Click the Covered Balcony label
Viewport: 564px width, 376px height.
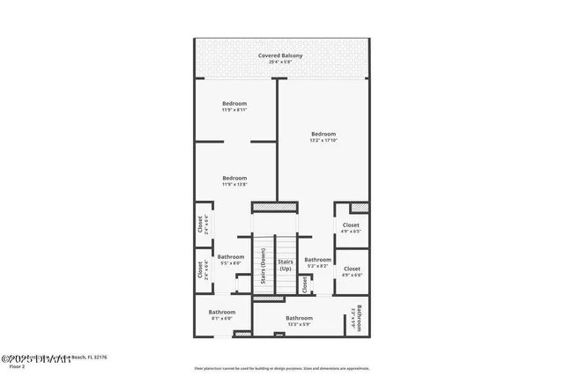(x=280, y=55)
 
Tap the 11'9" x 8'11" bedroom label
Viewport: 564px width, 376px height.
(x=234, y=107)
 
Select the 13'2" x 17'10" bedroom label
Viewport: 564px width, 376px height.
(x=323, y=137)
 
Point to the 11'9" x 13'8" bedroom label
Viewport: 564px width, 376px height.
(x=234, y=181)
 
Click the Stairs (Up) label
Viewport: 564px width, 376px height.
(x=286, y=264)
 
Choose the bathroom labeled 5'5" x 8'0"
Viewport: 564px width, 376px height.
(x=231, y=260)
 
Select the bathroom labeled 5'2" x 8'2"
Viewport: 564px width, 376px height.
(x=317, y=262)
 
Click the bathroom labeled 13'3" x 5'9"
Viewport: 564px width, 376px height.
(x=299, y=321)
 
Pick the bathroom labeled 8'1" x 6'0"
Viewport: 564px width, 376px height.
(x=222, y=315)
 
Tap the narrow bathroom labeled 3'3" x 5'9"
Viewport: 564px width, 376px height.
(x=358, y=314)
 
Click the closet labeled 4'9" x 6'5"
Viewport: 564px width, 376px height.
(x=351, y=228)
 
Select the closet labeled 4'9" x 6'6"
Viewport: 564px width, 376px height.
(x=351, y=271)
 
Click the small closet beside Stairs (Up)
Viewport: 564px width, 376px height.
(x=305, y=284)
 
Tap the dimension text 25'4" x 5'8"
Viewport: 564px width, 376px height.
(x=280, y=63)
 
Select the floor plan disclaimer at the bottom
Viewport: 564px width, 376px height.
(x=281, y=368)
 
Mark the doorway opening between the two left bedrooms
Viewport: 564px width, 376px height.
(x=239, y=141)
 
